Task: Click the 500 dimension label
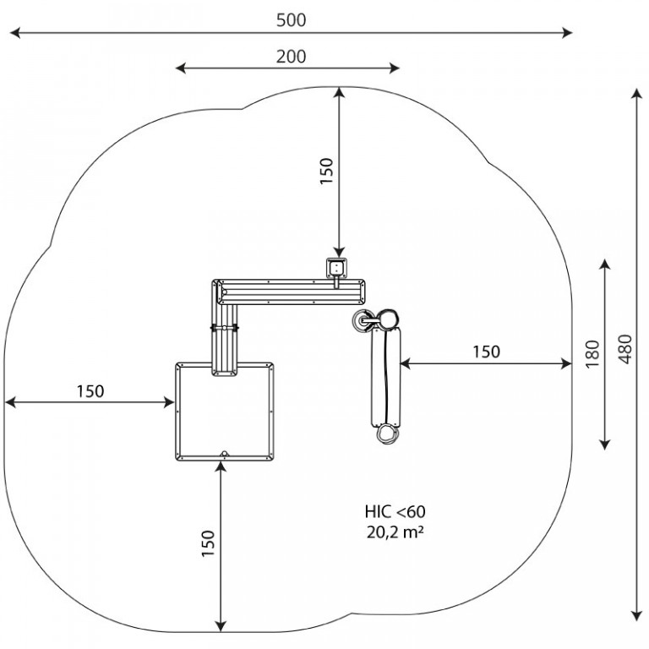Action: pyautogui.click(x=291, y=20)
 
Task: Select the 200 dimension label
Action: pyautogui.click(x=291, y=57)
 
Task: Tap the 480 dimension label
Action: pyautogui.click(x=626, y=349)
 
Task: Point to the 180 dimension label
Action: pyautogui.click(x=592, y=353)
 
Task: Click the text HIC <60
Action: pyautogui.click(x=395, y=512)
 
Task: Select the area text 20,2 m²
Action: pyautogui.click(x=395, y=532)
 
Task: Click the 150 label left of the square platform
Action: pyautogui.click(x=90, y=391)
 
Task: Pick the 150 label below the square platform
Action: pyautogui.click(x=209, y=543)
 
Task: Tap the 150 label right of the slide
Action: pyautogui.click(x=487, y=352)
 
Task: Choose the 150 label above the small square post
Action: pyautogui.click(x=326, y=171)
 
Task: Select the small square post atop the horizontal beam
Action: pyautogui.click(x=336, y=268)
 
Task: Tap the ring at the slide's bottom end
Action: pyautogui.click(x=387, y=434)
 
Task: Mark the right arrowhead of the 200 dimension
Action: pyautogui.click(x=395, y=68)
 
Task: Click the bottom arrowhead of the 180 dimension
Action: pyautogui.click(x=605, y=444)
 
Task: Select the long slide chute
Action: pyautogui.click(x=385, y=377)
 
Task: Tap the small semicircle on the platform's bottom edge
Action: pyautogui.click(x=224, y=454)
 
